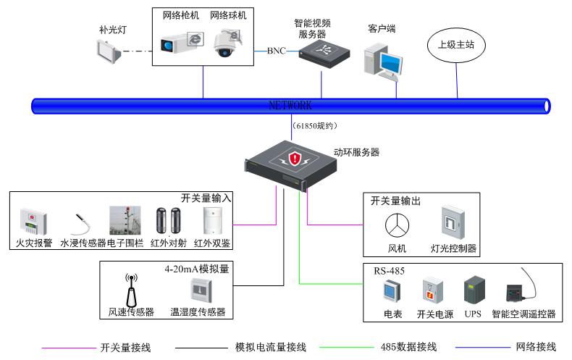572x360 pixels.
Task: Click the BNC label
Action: (x=276, y=51)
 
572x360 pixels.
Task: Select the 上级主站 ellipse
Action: (x=456, y=45)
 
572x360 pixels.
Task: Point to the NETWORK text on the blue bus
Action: (x=290, y=106)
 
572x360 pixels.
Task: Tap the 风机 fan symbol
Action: (x=396, y=225)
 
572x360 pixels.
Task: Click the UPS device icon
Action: (x=473, y=290)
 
